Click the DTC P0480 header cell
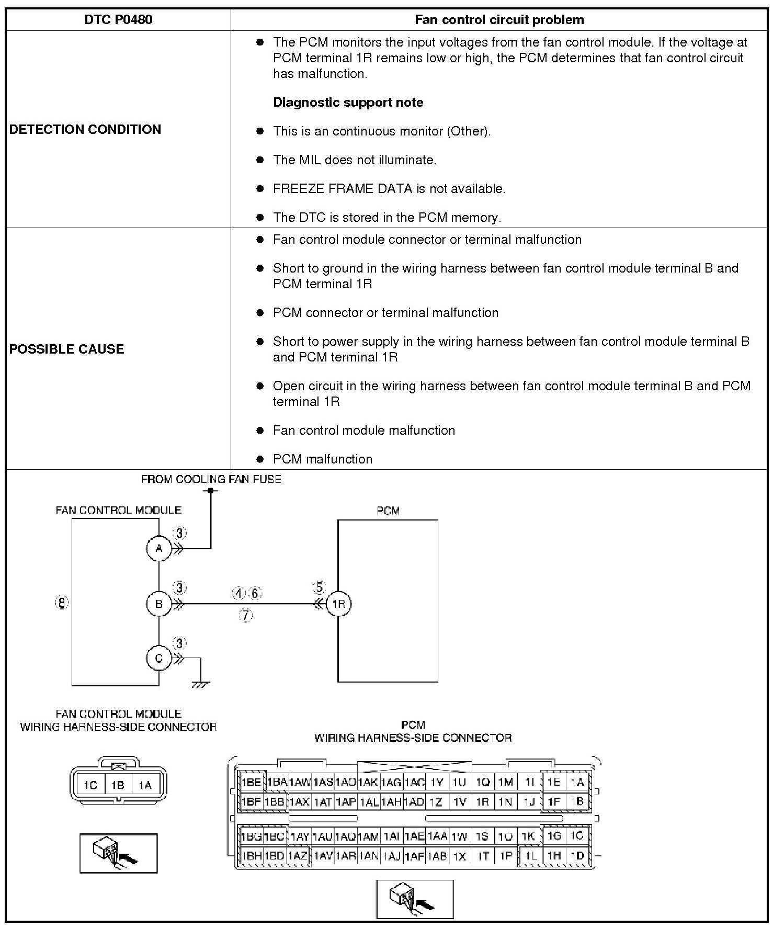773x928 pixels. (x=118, y=20)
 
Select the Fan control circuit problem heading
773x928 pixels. (x=499, y=20)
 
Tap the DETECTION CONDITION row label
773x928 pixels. (x=85, y=129)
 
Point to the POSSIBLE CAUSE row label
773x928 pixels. (x=66, y=349)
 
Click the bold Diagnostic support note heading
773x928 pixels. (x=348, y=102)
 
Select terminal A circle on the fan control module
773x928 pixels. (x=159, y=548)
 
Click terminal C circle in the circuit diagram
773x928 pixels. (x=159, y=658)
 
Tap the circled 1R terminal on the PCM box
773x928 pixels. (x=338, y=604)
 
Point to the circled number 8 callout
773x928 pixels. (x=62, y=603)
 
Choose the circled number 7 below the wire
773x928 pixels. (x=245, y=615)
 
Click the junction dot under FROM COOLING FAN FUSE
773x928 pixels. (x=211, y=491)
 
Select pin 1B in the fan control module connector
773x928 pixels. (x=118, y=785)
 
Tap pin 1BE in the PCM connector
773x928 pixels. (x=251, y=783)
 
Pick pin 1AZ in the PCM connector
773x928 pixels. (x=298, y=856)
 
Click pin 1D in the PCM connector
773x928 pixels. (x=577, y=856)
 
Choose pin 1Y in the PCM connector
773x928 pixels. (x=437, y=783)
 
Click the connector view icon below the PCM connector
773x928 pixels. (x=415, y=899)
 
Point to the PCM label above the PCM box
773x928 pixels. (x=388, y=511)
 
